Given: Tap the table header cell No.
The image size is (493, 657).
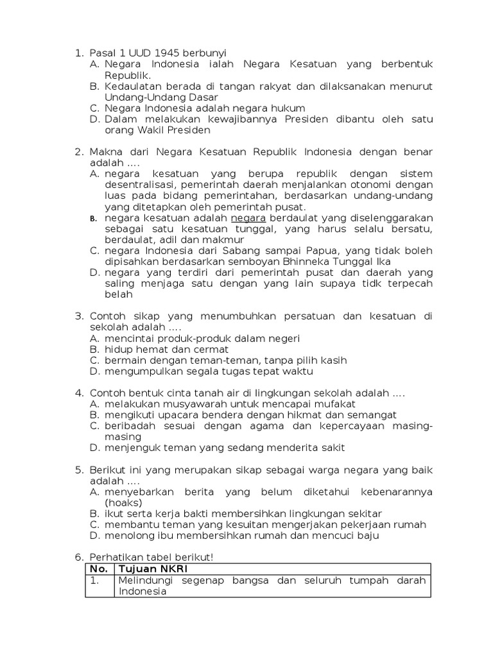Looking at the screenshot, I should (x=99, y=569).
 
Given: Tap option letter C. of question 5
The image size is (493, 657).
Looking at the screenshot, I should (x=94, y=524).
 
